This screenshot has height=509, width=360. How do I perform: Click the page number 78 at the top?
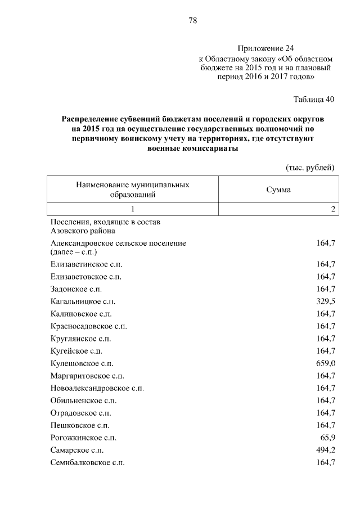(192, 21)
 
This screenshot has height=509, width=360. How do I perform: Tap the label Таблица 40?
(314, 100)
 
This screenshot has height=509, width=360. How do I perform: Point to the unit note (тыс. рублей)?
(311, 167)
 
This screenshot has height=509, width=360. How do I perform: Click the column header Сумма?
(278, 190)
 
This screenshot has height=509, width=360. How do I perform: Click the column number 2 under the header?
(333, 209)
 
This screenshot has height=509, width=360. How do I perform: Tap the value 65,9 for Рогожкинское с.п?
(327, 437)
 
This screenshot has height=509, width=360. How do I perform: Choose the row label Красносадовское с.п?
(88, 326)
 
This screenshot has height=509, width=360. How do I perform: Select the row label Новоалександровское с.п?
(97, 388)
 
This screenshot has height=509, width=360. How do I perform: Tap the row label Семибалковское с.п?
(87, 462)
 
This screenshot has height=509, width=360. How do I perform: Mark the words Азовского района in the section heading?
(83, 231)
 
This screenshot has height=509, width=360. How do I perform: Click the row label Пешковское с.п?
(79, 425)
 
